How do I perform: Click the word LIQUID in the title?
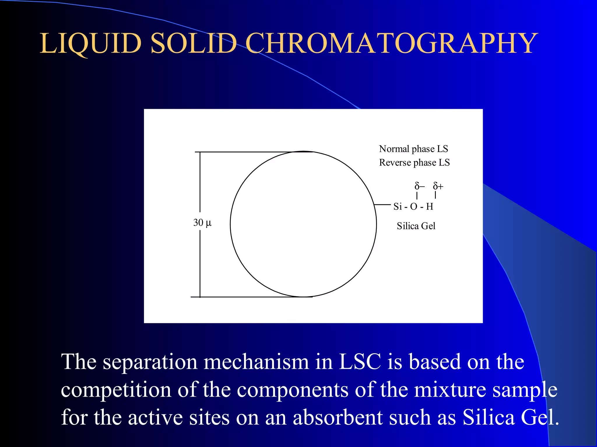[90, 44]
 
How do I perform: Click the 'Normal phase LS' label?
[413, 149]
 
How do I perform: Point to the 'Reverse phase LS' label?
[414, 162]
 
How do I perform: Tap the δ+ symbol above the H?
[438, 186]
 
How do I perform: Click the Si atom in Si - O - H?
[398, 207]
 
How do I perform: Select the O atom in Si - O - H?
[414, 207]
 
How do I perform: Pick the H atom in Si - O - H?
[430, 207]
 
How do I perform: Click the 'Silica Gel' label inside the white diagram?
[416, 226]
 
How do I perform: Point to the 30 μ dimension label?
[202, 223]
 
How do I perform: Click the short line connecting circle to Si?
[382, 205]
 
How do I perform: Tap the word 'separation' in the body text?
[150, 362]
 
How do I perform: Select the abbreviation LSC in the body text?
[360, 362]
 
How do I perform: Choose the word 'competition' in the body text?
[116, 390]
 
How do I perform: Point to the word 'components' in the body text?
[292, 390]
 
